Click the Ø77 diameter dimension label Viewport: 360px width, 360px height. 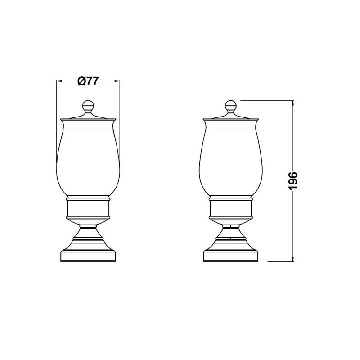[88, 81]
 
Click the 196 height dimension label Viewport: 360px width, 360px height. [293, 180]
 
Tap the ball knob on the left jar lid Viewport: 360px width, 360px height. [88, 105]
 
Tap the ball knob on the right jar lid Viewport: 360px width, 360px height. [231, 105]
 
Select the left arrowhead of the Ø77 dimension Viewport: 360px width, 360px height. [59, 81]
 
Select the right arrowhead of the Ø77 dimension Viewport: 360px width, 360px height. [117, 81]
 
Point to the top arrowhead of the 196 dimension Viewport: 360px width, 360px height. [293, 103]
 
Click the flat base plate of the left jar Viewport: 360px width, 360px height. [88, 256]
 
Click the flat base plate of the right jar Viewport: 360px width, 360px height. [231, 256]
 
